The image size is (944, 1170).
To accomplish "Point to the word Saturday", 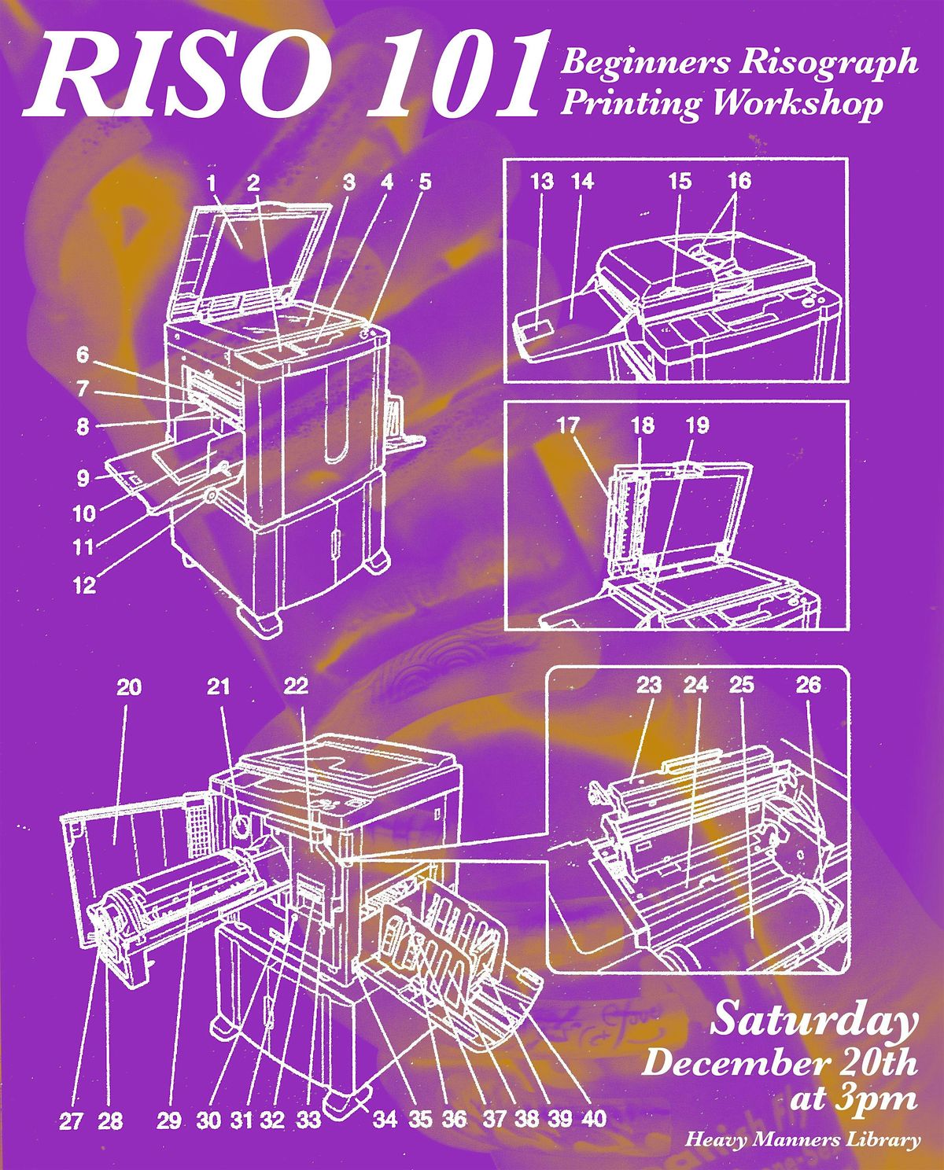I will [x=814, y=1021].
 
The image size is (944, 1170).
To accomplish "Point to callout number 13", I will [x=542, y=182].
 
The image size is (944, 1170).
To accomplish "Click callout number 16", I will [x=739, y=182].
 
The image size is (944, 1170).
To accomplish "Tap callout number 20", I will [x=129, y=687].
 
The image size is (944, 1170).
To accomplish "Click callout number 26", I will [x=808, y=685].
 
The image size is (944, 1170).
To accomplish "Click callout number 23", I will [x=649, y=685].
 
